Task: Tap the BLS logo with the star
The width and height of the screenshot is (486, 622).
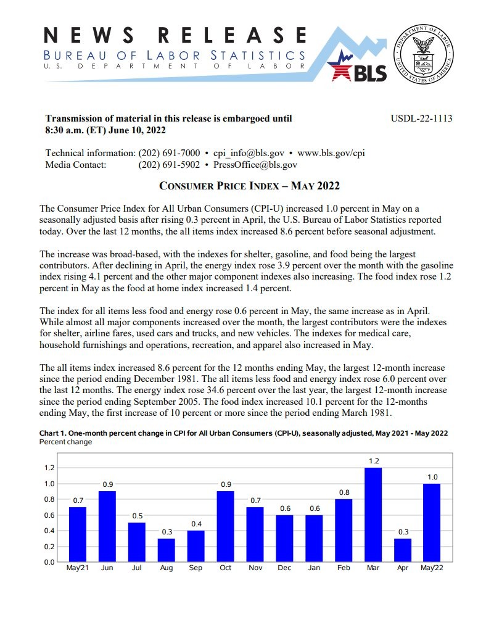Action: pyautogui.click(x=359, y=68)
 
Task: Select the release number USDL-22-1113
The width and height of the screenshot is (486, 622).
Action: pyautogui.click(x=422, y=118)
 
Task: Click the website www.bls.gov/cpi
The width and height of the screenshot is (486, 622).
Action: pyautogui.click(x=331, y=153)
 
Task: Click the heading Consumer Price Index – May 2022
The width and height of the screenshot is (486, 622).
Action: pyautogui.click(x=250, y=186)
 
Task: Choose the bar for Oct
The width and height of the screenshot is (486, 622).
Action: pyautogui.click(x=225, y=526)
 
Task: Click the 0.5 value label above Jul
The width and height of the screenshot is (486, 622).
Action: pyautogui.click(x=137, y=516)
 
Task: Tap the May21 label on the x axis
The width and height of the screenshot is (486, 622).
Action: pyautogui.click(x=78, y=568)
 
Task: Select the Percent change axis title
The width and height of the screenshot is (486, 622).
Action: pyautogui.click(x=65, y=442)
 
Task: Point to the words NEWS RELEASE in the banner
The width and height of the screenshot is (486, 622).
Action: pyautogui.click(x=176, y=35)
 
